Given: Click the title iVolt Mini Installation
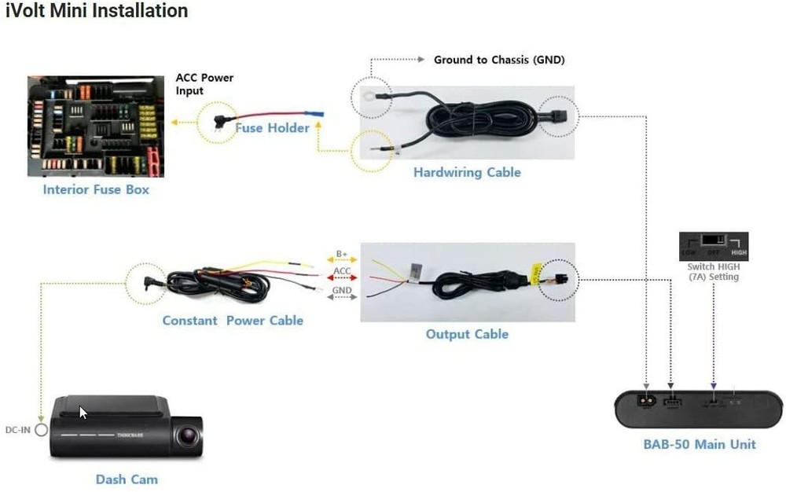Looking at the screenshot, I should (97, 11).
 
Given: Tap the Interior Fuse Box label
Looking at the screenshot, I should (96, 189).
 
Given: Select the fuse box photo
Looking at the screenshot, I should (96, 126).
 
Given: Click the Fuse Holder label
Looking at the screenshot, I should (272, 127).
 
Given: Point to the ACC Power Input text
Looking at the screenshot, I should (204, 84).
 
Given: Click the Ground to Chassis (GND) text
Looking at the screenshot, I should (499, 60).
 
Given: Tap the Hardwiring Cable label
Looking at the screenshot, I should (467, 172).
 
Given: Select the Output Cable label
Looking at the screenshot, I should (467, 334).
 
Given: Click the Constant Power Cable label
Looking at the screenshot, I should (233, 320).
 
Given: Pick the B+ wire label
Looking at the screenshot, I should (342, 254).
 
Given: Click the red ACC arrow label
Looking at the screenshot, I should (342, 271).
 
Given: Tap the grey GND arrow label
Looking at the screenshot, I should (342, 290).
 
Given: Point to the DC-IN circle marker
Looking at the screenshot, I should (41, 430).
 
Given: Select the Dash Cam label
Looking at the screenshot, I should (127, 479).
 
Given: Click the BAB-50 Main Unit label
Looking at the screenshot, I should (699, 444).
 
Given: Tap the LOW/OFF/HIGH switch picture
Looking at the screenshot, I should (713, 246).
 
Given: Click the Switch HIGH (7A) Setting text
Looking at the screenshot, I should (713, 271).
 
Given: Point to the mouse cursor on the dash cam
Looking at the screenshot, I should (83, 412).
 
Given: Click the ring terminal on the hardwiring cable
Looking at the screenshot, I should (367, 98).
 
